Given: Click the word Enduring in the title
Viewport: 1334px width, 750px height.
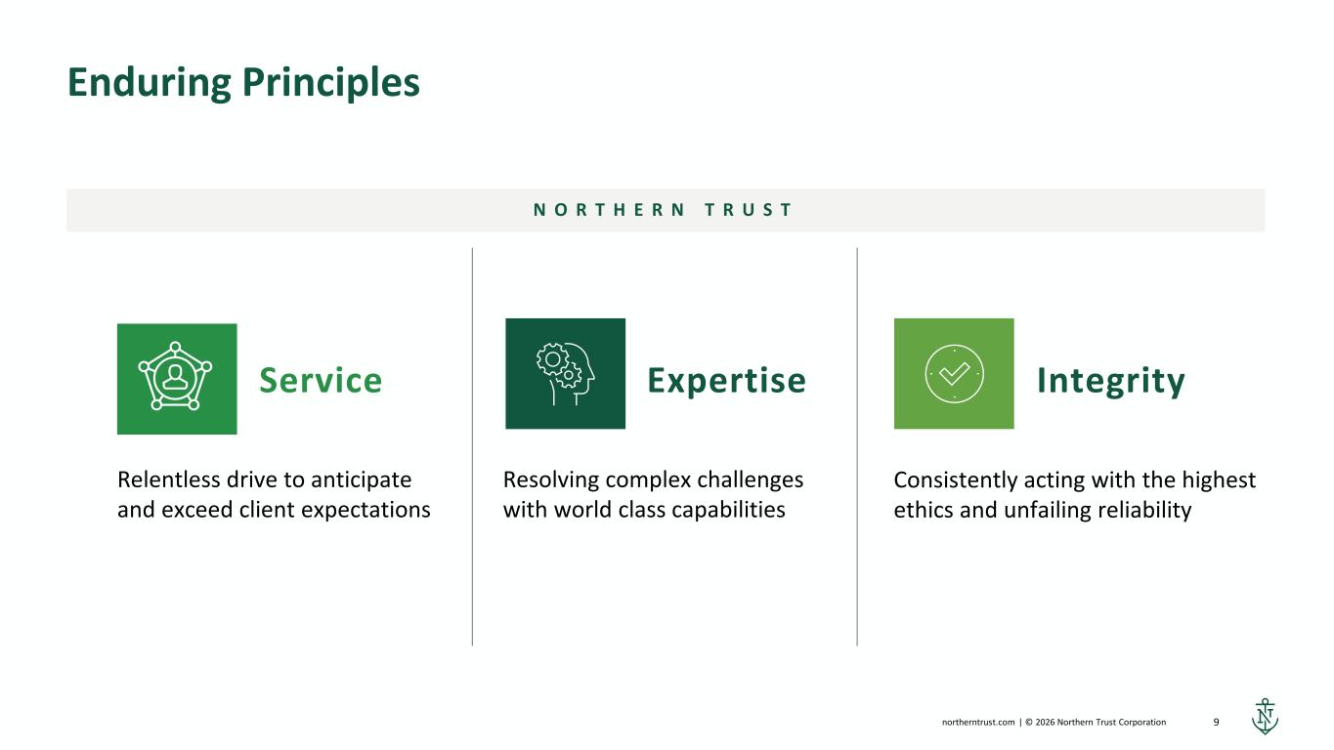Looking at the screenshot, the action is [150, 83].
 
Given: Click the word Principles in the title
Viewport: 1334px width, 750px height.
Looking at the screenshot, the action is [331, 83].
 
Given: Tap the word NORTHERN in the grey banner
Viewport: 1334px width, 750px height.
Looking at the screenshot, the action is [610, 210].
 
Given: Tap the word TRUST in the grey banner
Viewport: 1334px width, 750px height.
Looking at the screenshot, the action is [749, 210].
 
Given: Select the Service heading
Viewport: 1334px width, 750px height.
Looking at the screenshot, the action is [321, 380].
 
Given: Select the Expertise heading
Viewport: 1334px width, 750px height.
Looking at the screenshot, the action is [726, 380].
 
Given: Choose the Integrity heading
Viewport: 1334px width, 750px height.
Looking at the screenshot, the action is [1111, 381].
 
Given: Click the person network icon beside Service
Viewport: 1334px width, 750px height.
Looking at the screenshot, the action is [175, 376].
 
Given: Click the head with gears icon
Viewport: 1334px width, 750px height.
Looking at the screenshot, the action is [565, 374].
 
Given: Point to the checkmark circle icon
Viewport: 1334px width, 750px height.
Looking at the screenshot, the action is [954, 374].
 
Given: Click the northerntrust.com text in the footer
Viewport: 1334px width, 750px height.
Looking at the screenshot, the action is [978, 722].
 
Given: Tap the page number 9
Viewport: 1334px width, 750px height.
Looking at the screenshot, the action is [1216, 722].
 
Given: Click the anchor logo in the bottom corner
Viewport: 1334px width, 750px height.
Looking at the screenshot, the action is [1265, 717].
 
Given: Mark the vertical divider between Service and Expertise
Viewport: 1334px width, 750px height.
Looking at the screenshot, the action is [472, 446].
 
